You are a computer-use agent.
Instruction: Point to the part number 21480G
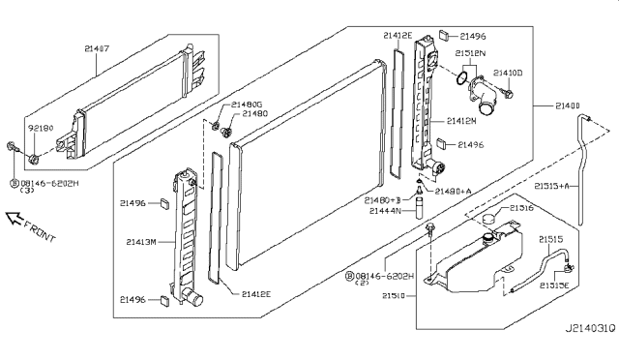point(248,104)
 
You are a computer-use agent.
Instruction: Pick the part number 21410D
point(508,73)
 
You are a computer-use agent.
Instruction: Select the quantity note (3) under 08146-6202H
point(26,191)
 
